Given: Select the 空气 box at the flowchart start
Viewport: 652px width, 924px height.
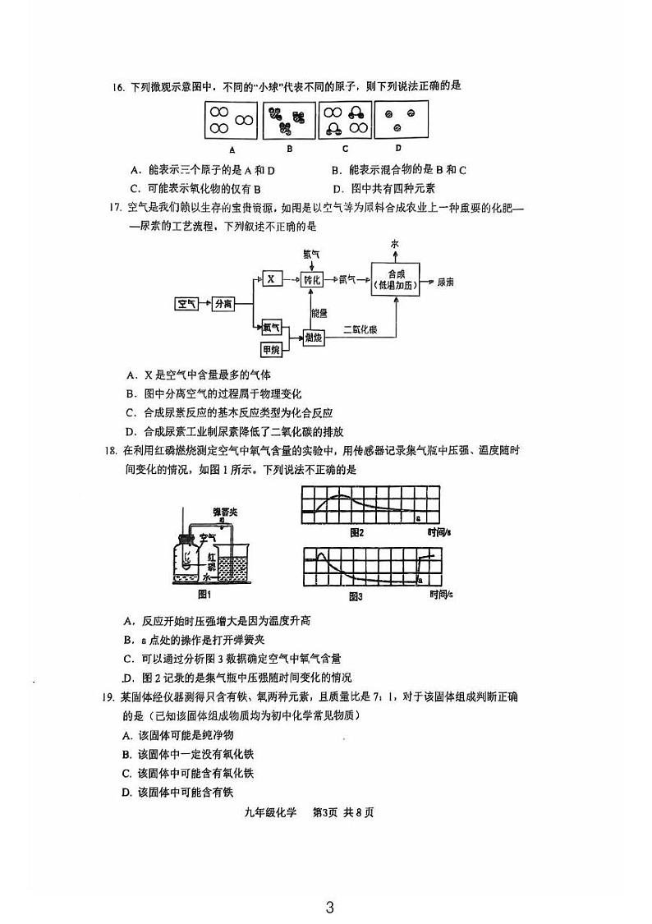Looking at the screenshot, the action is tap(186, 304).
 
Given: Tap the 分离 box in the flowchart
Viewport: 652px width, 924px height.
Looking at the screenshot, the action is tap(223, 304).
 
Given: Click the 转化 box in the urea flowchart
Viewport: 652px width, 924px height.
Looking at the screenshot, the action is tap(313, 279).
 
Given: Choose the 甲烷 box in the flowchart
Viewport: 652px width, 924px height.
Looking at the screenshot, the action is tap(272, 350).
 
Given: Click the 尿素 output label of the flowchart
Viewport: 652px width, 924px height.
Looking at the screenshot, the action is tap(446, 281).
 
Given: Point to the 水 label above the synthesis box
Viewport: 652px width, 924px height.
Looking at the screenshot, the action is tap(395, 244).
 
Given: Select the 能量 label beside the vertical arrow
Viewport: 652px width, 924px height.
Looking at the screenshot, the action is tap(319, 312).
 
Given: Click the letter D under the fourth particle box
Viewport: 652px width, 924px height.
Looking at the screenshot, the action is tap(397, 149).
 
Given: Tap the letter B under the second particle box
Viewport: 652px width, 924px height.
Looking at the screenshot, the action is tap(289, 149).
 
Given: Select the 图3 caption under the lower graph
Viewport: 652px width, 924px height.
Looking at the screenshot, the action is tap(356, 595).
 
